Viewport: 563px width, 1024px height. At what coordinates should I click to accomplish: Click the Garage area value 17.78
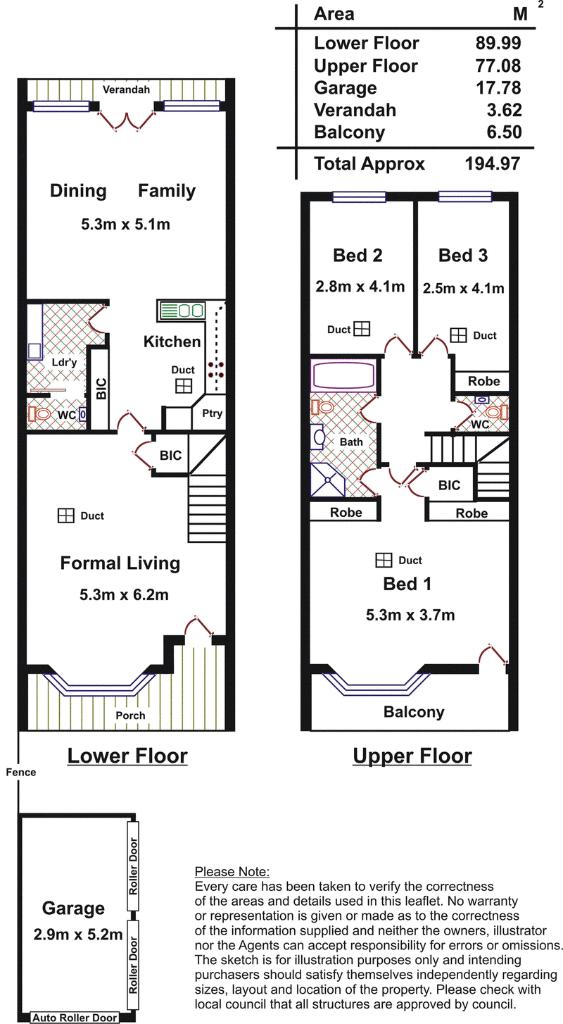coord(498,88)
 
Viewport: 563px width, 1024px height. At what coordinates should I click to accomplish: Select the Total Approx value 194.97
coord(493,163)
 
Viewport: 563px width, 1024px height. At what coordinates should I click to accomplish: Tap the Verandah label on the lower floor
coord(126,89)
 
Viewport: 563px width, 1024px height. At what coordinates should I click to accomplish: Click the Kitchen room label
coord(172,342)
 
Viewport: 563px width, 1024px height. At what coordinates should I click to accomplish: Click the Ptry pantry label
coord(212,413)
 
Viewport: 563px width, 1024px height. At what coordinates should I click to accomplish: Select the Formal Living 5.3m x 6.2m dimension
coord(124,594)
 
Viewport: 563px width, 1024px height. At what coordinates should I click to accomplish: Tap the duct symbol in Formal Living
coord(66,516)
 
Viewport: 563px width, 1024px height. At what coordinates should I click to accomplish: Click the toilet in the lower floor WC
coord(39,415)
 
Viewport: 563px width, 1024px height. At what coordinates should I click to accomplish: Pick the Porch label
coord(130,716)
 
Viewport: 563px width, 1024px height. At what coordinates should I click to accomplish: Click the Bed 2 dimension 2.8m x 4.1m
coord(360,287)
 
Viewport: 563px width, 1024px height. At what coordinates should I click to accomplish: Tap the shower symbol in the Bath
coord(328,480)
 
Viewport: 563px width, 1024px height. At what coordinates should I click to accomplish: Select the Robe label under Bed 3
coord(484,381)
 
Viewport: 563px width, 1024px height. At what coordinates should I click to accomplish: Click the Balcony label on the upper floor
coord(414,712)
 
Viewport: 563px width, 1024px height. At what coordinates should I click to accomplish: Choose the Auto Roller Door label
coord(75,1018)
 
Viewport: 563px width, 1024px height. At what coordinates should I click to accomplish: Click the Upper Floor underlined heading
coord(412,756)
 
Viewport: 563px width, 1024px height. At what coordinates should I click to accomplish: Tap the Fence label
coord(21,772)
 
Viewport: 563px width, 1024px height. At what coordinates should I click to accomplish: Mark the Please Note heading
coord(232,872)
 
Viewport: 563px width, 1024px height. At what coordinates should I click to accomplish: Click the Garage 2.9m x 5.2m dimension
coord(78,935)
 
